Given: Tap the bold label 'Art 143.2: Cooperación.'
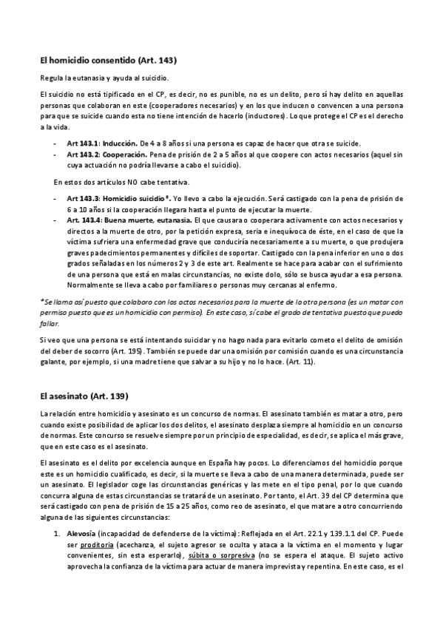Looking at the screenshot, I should [103, 155].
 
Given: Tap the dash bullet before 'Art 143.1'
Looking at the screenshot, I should [55, 142].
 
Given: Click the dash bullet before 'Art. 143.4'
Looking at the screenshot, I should [55, 220].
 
